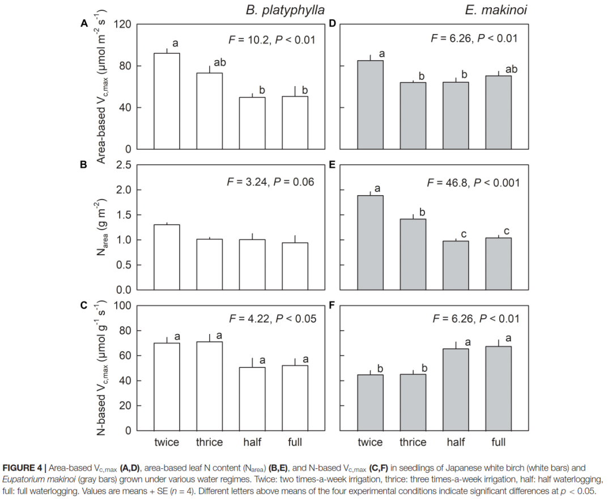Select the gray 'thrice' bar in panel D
(x=413, y=116)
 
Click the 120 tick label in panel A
(x=122, y=24)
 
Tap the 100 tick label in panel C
(x=122, y=306)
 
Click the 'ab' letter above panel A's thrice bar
(x=220, y=62)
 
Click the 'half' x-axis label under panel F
(x=456, y=442)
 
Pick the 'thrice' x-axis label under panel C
(x=209, y=442)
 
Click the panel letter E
(x=331, y=165)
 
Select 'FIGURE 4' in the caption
(x=22, y=468)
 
